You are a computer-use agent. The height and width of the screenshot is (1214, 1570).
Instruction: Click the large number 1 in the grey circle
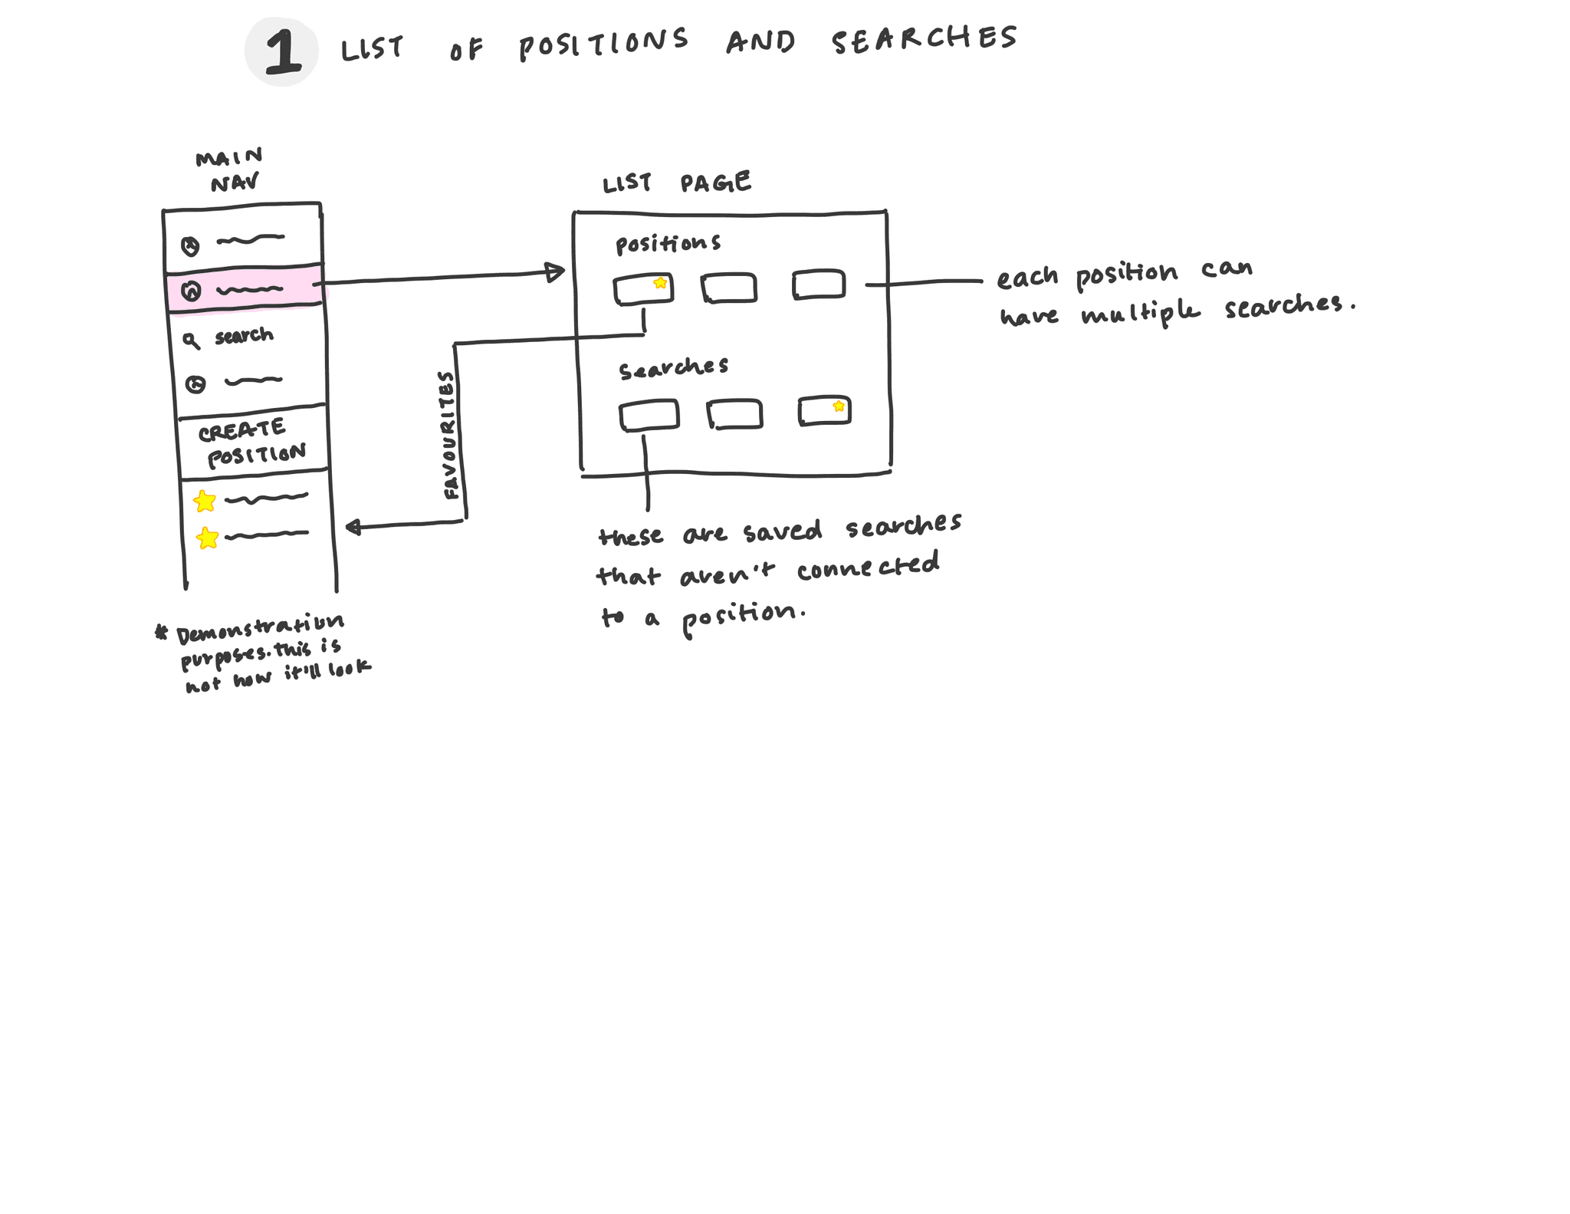click(x=282, y=52)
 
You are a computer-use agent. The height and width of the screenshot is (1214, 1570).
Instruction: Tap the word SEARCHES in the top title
click(x=925, y=38)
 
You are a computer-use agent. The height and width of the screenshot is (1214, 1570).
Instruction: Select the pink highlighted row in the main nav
click(x=244, y=290)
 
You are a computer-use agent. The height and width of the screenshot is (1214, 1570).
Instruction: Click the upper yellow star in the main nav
click(x=205, y=502)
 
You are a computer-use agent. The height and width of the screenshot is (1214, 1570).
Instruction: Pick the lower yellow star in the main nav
click(x=207, y=538)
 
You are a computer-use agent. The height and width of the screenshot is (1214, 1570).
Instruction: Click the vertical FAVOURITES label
click(x=450, y=435)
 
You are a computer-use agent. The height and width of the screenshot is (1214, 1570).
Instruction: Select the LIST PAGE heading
click(x=676, y=183)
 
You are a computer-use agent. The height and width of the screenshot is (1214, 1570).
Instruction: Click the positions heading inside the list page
click(x=668, y=244)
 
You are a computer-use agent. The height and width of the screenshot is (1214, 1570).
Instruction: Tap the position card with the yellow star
click(x=643, y=289)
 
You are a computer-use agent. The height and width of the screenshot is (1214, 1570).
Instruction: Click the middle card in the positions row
click(x=729, y=288)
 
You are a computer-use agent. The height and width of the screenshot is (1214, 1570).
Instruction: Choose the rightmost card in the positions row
click(x=819, y=284)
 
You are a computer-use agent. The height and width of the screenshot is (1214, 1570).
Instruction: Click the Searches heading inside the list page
click(x=673, y=368)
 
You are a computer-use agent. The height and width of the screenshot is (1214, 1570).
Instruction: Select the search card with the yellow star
click(x=824, y=410)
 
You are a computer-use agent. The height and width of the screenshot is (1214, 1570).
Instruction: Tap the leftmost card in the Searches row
click(x=649, y=415)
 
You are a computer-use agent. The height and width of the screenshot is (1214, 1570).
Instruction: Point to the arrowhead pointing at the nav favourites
click(x=353, y=527)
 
